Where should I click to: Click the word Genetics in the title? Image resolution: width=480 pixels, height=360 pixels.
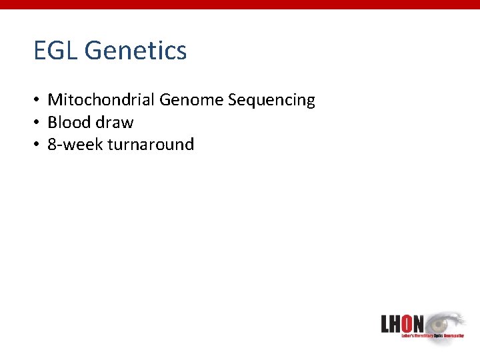136,51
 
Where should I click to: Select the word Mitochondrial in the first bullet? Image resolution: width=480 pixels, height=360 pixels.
101,100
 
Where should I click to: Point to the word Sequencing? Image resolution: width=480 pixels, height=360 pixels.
271,101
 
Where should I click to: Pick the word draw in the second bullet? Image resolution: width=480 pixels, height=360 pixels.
114,123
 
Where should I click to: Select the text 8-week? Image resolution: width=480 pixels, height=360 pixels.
73,145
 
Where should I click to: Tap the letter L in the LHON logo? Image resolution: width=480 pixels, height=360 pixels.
386,324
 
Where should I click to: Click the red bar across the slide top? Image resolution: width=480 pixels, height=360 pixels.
240,5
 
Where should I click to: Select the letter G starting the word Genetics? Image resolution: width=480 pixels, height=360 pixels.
93,51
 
